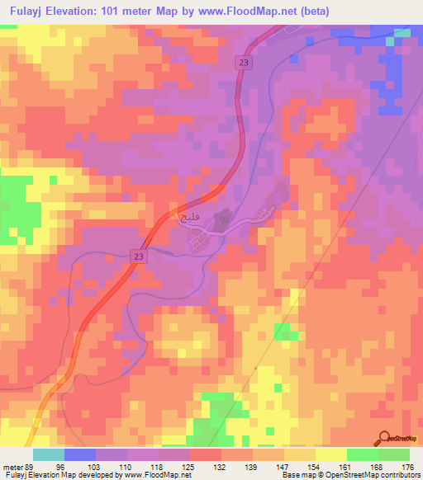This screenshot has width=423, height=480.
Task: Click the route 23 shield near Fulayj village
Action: pos(137,258)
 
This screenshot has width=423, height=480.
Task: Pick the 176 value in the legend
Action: pos(406,467)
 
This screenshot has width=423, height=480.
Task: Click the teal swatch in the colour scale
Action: pos(49,454)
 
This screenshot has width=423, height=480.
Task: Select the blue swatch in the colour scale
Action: pos(80,454)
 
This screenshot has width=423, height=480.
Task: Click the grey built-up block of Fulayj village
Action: pos(222,221)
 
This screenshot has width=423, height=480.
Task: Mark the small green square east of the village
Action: pos(285,332)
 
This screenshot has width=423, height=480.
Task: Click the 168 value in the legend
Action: pos(376,467)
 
